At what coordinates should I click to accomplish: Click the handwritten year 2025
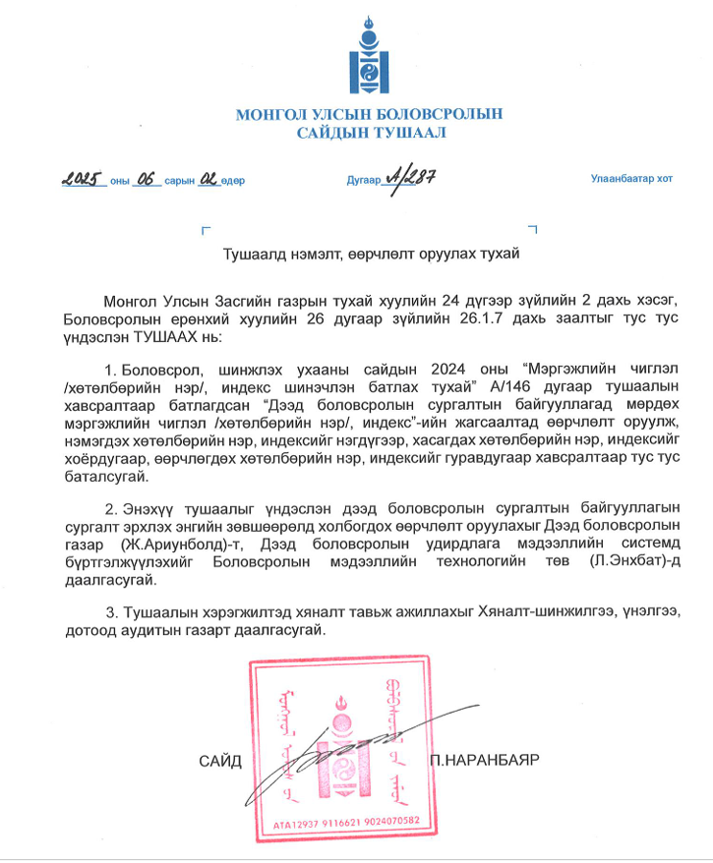(x=83, y=179)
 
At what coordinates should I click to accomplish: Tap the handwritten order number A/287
(x=412, y=177)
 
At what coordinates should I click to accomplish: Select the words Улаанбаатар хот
(x=631, y=179)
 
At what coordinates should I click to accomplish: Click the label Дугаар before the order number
(x=362, y=180)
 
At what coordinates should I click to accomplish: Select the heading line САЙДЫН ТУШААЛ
(x=368, y=133)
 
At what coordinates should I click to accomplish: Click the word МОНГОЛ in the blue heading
(x=270, y=115)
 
